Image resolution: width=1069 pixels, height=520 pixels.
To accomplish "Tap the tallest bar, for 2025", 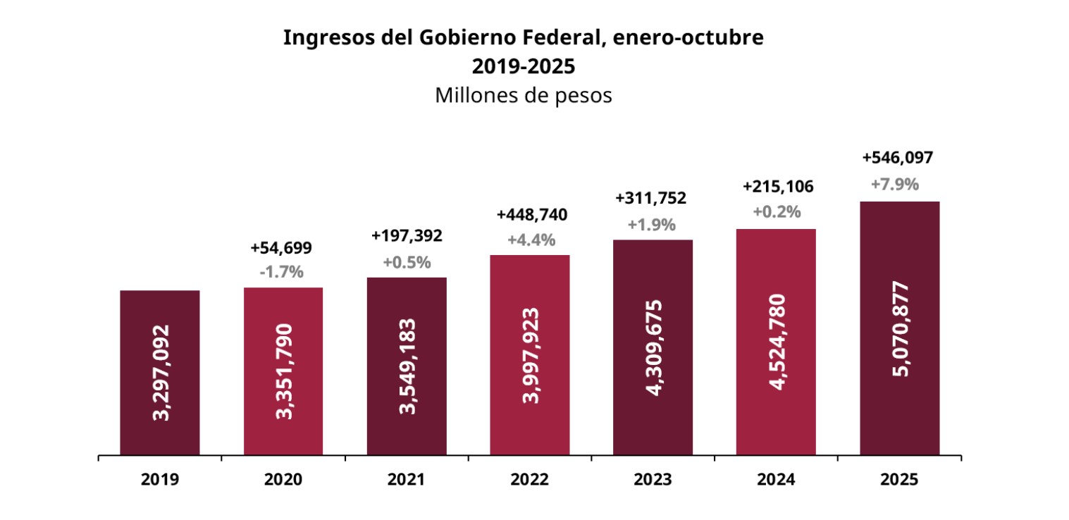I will (x=899, y=328).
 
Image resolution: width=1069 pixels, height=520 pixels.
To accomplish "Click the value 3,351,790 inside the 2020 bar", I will (x=283, y=371).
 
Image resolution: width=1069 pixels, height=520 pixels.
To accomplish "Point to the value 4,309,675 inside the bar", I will (x=653, y=347).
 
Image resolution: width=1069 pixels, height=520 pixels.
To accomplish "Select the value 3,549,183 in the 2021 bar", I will (x=407, y=366).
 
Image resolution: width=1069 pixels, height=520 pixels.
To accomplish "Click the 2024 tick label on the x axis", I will (x=776, y=480).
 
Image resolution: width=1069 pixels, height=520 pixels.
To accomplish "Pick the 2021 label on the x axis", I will (x=407, y=480).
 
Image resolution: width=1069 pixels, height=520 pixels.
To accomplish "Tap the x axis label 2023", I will (x=653, y=480).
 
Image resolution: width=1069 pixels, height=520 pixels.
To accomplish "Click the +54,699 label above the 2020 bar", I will (x=281, y=248).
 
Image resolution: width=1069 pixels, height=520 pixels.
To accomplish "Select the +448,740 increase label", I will (x=532, y=215).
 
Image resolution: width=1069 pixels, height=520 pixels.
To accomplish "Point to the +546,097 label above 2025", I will (x=898, y=158).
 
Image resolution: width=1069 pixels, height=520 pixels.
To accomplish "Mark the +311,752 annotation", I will (x=651, y=199).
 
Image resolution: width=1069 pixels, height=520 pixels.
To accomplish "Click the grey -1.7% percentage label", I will (x=281, y=272).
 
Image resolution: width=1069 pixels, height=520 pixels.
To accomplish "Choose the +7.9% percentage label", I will (x=895, y=185).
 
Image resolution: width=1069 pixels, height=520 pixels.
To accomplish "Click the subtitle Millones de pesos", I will (x=523, y=95).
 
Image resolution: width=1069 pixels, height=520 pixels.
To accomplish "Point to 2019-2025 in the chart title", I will (x=523, y=67).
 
